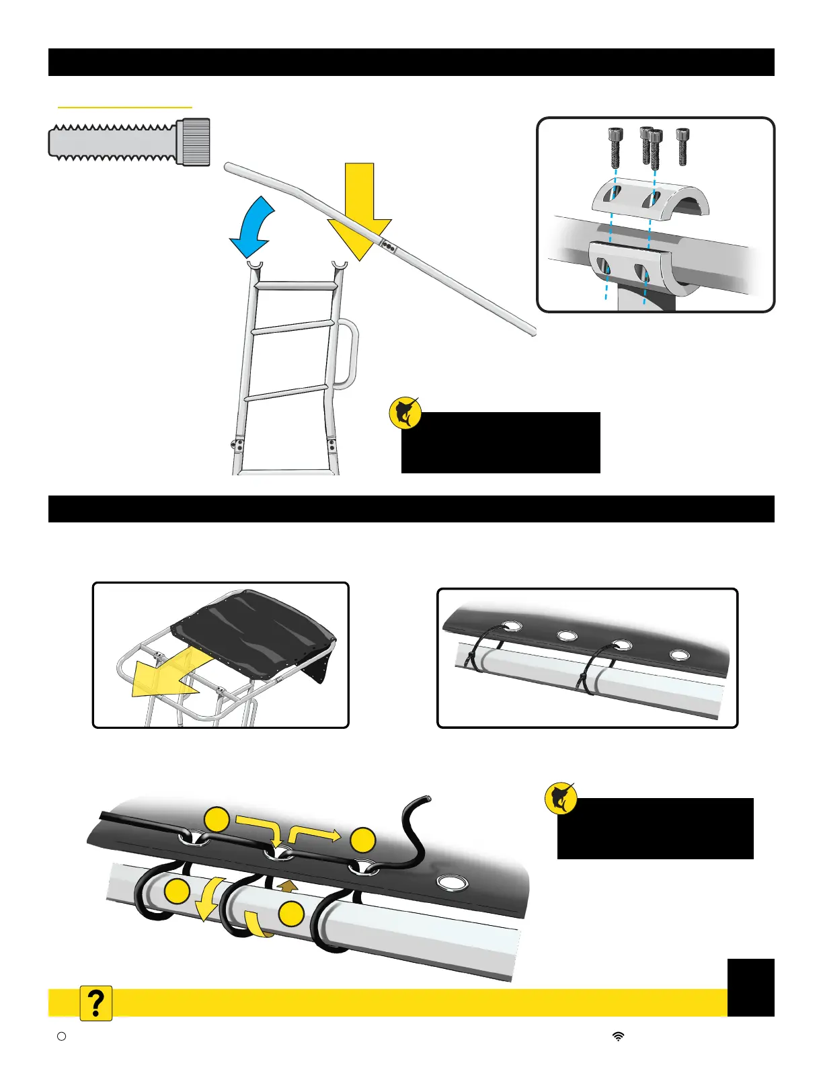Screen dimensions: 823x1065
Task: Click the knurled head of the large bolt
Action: (194, 142)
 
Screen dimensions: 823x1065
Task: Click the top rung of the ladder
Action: (295, 286)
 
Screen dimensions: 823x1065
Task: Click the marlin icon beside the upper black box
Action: (405, 413)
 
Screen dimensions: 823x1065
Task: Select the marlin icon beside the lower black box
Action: (561, 799)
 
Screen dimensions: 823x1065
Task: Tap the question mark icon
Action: (96, 1003)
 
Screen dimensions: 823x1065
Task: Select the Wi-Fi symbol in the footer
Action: (618, 1037)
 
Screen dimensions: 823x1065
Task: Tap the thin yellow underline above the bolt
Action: (125, 107)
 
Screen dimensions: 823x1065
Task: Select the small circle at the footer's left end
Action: (61, 1037)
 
